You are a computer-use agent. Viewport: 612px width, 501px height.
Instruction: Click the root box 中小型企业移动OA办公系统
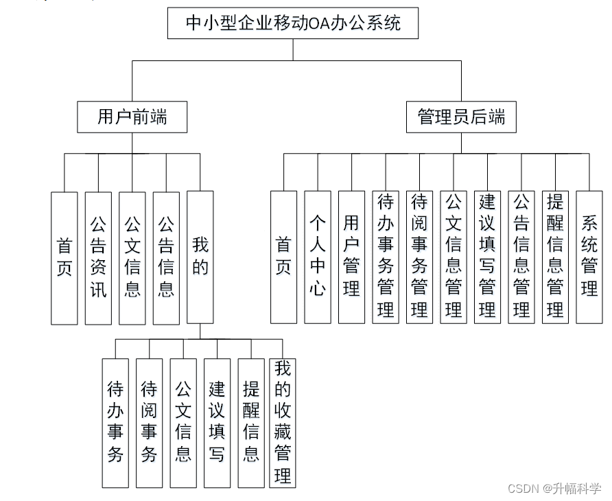(293, 23)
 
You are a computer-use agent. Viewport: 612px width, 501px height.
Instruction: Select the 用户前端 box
(132, 117)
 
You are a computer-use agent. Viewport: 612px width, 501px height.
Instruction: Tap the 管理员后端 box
(461, 117)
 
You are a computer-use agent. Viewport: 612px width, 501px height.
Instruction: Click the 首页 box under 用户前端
(64, 257)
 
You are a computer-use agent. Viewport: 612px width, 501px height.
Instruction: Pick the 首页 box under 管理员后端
(283, 257)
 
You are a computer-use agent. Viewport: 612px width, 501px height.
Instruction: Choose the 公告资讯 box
(98, 257)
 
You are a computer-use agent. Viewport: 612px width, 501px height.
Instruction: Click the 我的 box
(200, 257)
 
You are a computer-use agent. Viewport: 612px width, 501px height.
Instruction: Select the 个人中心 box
(318, 257)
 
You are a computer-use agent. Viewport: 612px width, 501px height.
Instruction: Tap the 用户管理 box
(351, 257)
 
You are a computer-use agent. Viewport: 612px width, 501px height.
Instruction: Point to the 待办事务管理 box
(386, 257)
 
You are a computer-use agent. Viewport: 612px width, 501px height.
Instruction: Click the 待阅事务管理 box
(419, 257)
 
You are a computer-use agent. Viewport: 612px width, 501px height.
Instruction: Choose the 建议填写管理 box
(487, 257)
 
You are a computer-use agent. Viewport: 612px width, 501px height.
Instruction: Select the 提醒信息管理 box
(555, 257)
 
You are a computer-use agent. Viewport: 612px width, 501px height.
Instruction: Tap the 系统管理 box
(589, 257)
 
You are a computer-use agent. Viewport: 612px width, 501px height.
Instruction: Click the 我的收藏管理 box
(283, 422)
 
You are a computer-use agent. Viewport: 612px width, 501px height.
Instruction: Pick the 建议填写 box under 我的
(217, 422)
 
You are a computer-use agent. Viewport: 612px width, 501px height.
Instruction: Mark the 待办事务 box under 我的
(115, 422)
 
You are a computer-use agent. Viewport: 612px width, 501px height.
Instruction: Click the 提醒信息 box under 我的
(251, 422)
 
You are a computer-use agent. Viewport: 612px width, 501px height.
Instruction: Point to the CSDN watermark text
(554, 489)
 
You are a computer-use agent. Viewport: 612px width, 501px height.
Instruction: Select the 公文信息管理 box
(454, 257)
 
